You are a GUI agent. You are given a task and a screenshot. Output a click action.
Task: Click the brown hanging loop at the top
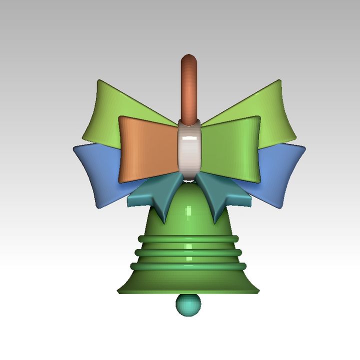pos(189,90)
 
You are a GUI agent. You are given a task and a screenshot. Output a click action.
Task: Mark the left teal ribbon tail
pos(155,197)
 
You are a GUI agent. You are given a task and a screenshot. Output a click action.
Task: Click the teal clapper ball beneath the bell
pos(188,304)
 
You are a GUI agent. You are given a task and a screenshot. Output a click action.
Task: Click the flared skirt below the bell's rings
pos(189,280)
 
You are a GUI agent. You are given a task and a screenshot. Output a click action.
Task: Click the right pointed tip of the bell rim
pos(258,290)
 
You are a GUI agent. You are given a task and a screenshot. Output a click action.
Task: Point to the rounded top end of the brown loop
pos(189,59)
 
